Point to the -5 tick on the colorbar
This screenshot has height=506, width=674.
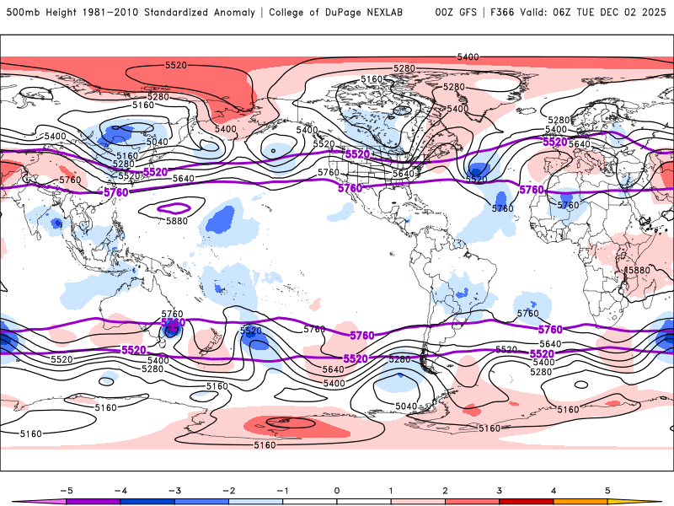66,489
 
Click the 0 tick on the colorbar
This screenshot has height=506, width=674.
337,489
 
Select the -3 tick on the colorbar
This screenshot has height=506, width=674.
174,489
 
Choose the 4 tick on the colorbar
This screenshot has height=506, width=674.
554,489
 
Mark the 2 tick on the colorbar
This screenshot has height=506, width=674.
446,489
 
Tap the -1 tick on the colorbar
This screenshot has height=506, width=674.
283,489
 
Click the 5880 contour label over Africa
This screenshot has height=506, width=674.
637,270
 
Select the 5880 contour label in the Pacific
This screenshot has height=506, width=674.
178,221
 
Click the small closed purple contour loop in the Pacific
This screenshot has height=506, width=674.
175,207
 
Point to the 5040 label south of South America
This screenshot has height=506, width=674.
407,406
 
